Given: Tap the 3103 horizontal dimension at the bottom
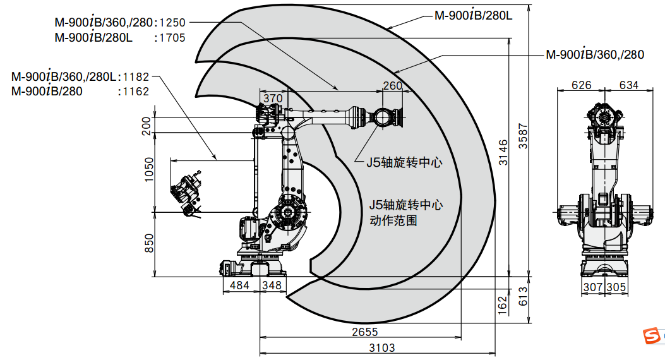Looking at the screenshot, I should click(x=381, y=347).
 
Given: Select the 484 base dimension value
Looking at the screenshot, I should click(x=239, y=285).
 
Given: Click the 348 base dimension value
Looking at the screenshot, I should click(x=272, y=285).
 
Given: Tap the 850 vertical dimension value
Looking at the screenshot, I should click(x=149, y=243).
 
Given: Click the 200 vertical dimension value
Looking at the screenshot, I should click(x=147, y=125).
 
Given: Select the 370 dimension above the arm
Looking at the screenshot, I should click(x=272, y=98).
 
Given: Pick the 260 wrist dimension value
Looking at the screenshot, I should click(x=393, y=86).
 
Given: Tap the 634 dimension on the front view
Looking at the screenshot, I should click(x=628, y=85).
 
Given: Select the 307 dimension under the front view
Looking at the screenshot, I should click(x=592, y=287).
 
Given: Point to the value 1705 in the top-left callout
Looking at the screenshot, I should click(x=172, y=38).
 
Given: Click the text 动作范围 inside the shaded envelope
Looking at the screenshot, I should click(x=393, y=222).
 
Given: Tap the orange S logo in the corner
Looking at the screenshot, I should click(x=650, y=338).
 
